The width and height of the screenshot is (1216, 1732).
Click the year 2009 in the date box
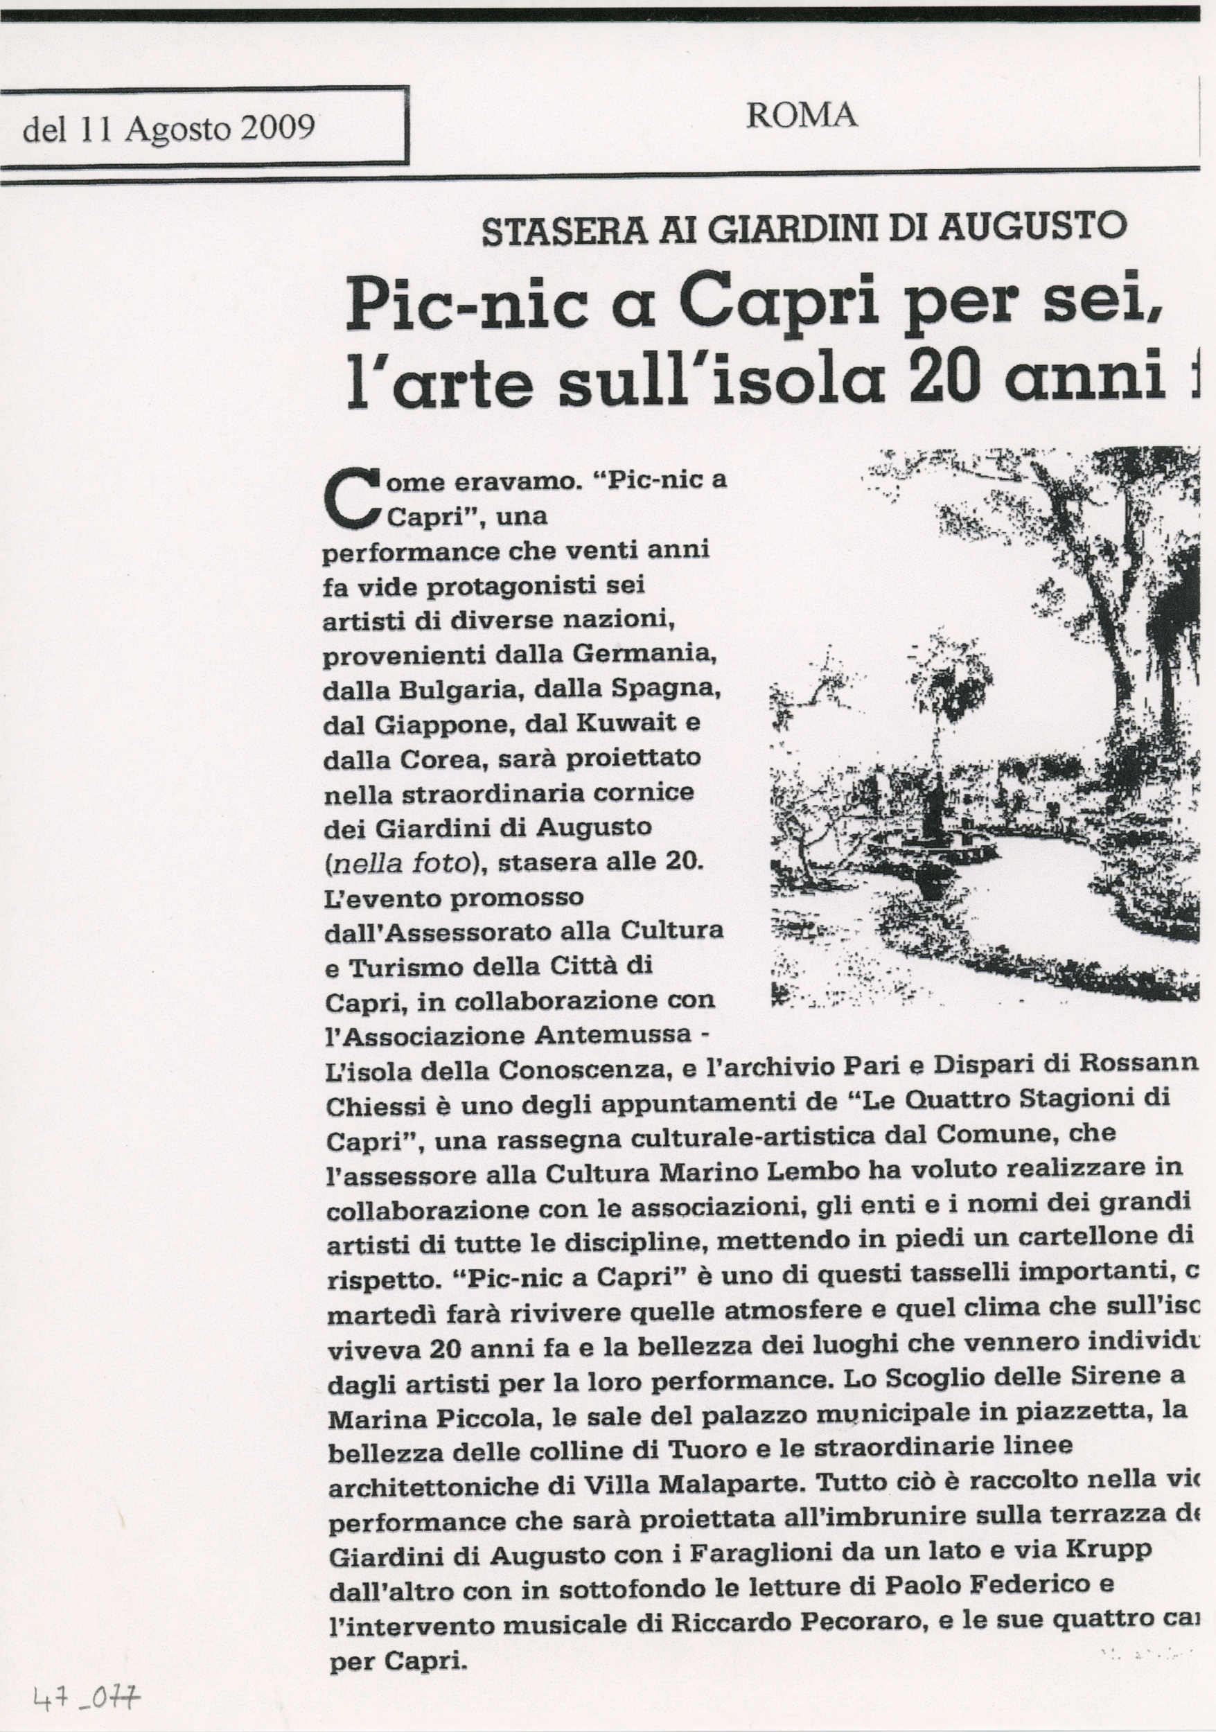(277, 128)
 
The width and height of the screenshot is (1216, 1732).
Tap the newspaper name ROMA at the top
(801, 116)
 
